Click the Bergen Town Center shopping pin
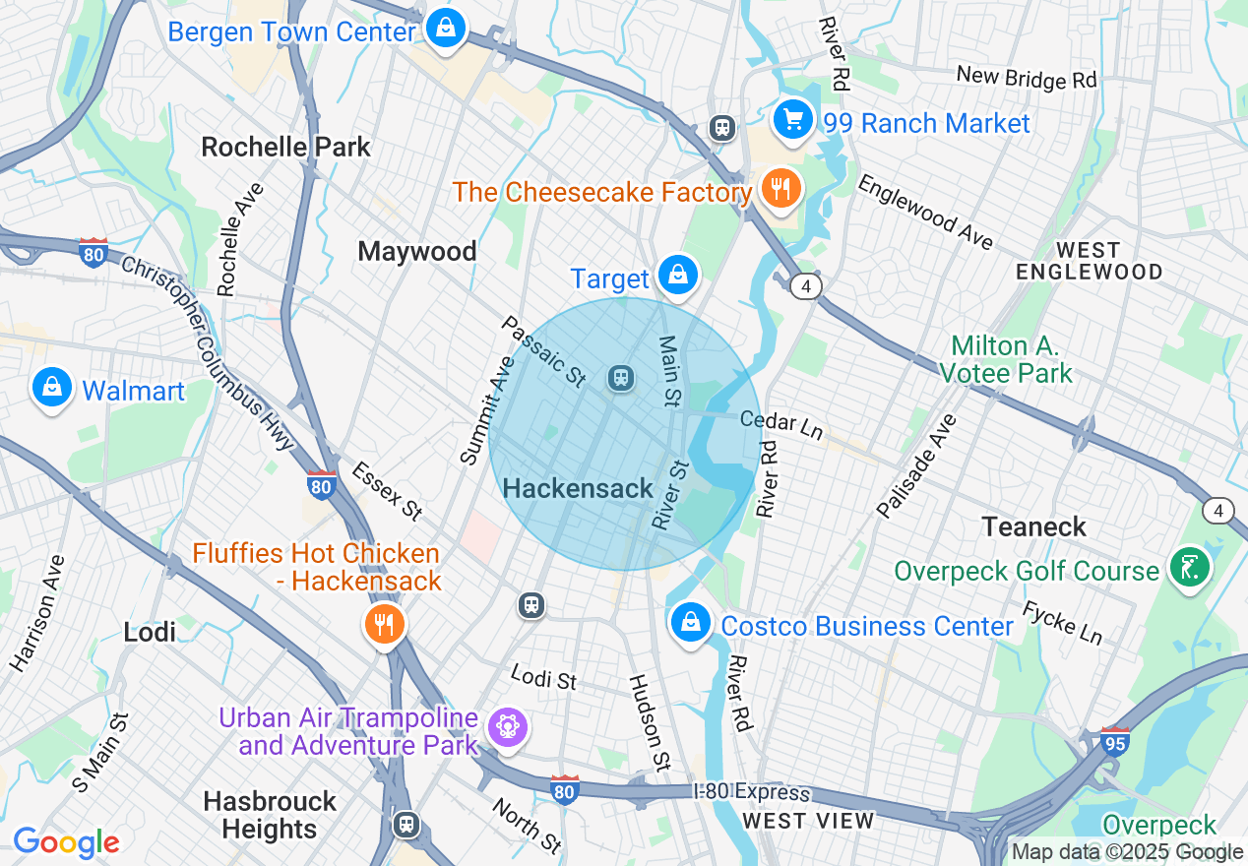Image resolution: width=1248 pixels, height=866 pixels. [x=446, y=29]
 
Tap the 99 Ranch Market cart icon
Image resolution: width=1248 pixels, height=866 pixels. [x=792, y=120]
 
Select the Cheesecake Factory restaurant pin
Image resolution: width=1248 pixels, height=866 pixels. [x=781, y=188]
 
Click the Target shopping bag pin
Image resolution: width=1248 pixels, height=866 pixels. [x=678, y=277]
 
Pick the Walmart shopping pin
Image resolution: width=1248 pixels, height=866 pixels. [x=53, y=389]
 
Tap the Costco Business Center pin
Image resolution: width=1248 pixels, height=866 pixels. [x=691, y=623]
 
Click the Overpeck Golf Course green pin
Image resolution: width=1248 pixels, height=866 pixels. [x=1188, y=568]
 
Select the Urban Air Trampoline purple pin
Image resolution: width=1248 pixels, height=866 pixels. [x=508, y=728]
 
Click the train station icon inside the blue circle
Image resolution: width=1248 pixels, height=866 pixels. [x=620, y=378]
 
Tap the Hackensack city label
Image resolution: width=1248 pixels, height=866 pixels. [x=578, y=489]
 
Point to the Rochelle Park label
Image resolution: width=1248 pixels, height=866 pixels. [x=285, y=148]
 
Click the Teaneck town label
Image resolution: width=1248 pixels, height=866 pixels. [x=1033, y=526]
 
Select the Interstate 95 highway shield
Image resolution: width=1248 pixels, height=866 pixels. [x=1114, y=740]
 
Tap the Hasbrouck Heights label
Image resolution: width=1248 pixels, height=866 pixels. [x=270, y=815]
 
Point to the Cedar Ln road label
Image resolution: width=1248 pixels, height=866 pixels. [x=781, y=424]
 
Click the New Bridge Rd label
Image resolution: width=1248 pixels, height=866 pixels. [x=1026, y=78]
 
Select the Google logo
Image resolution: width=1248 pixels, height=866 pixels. [x=65, y=842]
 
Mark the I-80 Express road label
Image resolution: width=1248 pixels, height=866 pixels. [x=751, y=792]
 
